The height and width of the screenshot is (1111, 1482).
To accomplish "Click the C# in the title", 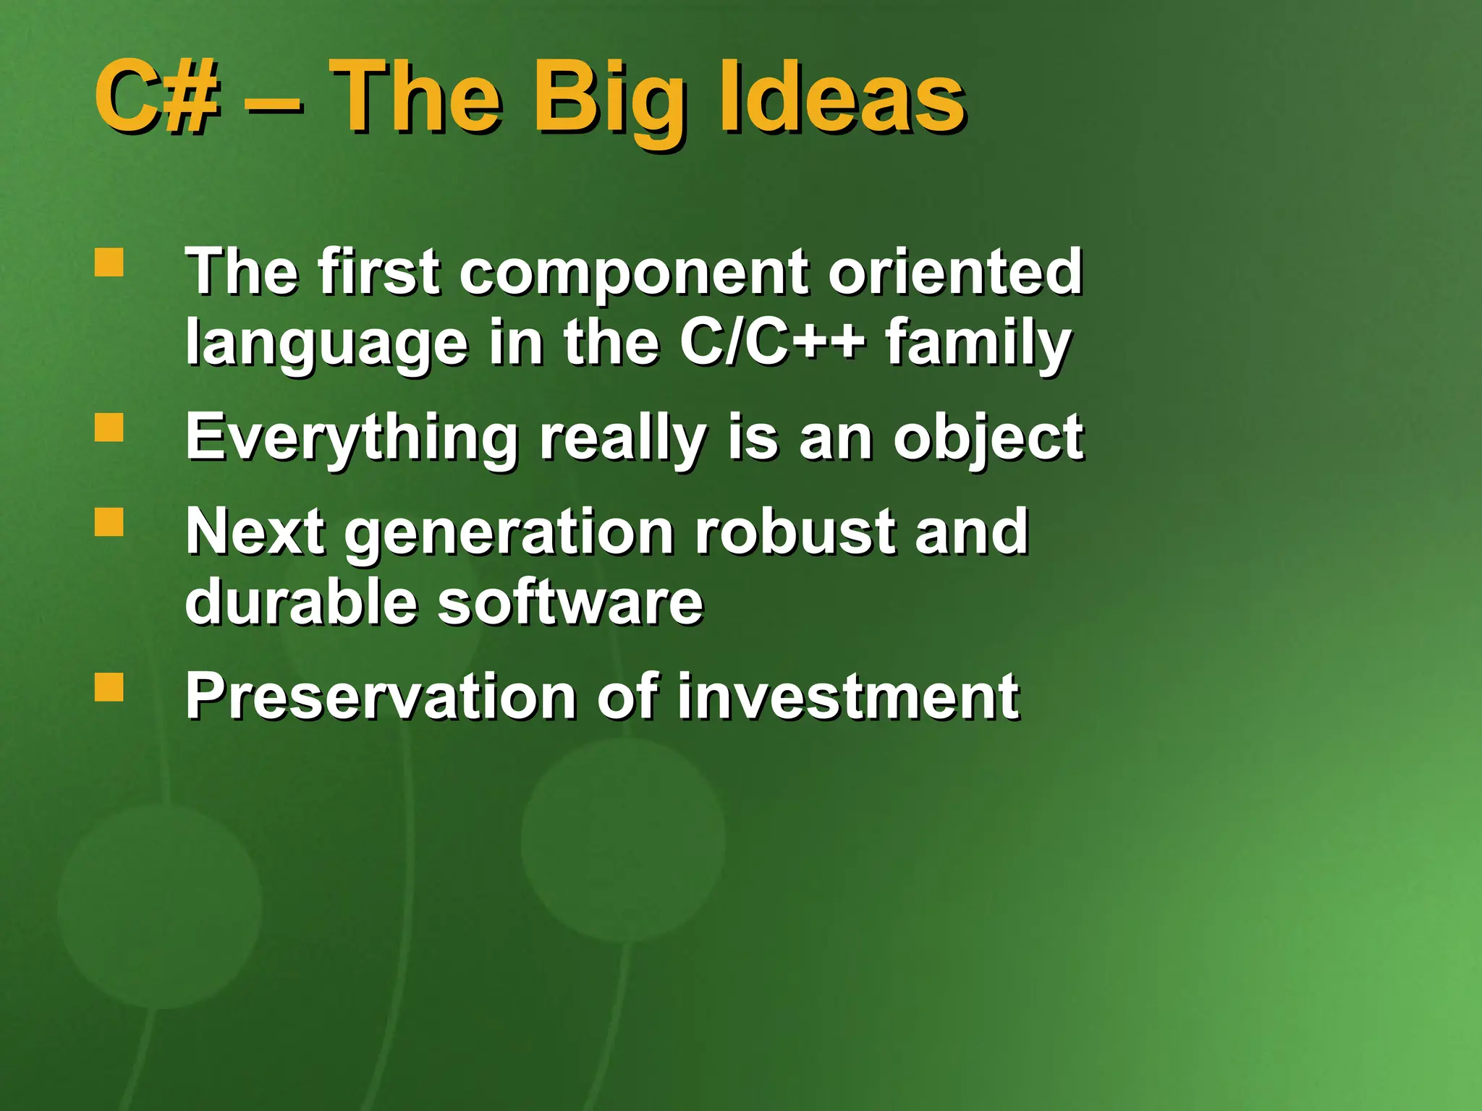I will pyautogui.click(x=156, y=98).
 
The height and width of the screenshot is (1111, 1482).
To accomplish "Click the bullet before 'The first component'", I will pyautogui.click(x=109, y=263).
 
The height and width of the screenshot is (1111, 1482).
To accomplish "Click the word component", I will pyautogui.click(x=634, y=273).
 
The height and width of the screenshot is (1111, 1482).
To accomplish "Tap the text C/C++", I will pyautogui.click(x=771, y=342).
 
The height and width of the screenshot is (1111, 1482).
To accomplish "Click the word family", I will pyautogui.click(x=978, y=344).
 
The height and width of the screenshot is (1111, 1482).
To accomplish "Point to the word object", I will pyautogui.click(x=988, y=438).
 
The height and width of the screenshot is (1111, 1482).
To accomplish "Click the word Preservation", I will pyautogui.click(x=381, y=697).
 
